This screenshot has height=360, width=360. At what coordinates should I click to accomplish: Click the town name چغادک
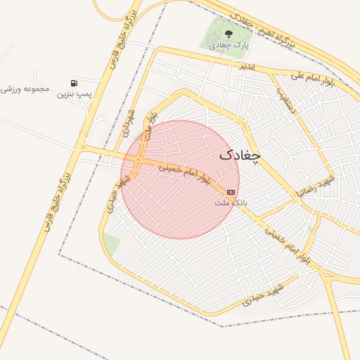click(x=239, y=155)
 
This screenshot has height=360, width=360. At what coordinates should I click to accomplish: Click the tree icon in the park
click(x=227, y=32)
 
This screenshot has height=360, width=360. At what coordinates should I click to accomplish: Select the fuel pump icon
click(x=74, y=83)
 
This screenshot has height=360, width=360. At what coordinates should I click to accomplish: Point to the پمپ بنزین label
click(x=75, y=94)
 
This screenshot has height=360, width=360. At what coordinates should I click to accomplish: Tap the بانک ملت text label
click(x=231, y=202)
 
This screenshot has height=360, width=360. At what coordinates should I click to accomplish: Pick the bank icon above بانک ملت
click(x=231, y=192)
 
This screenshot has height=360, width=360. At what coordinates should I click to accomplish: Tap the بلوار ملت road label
click(x=151, y=124)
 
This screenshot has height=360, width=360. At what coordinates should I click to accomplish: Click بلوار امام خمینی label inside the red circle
click(x=184, y=174)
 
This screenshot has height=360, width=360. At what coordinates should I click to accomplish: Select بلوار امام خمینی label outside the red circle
click(x=286, y=245)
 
